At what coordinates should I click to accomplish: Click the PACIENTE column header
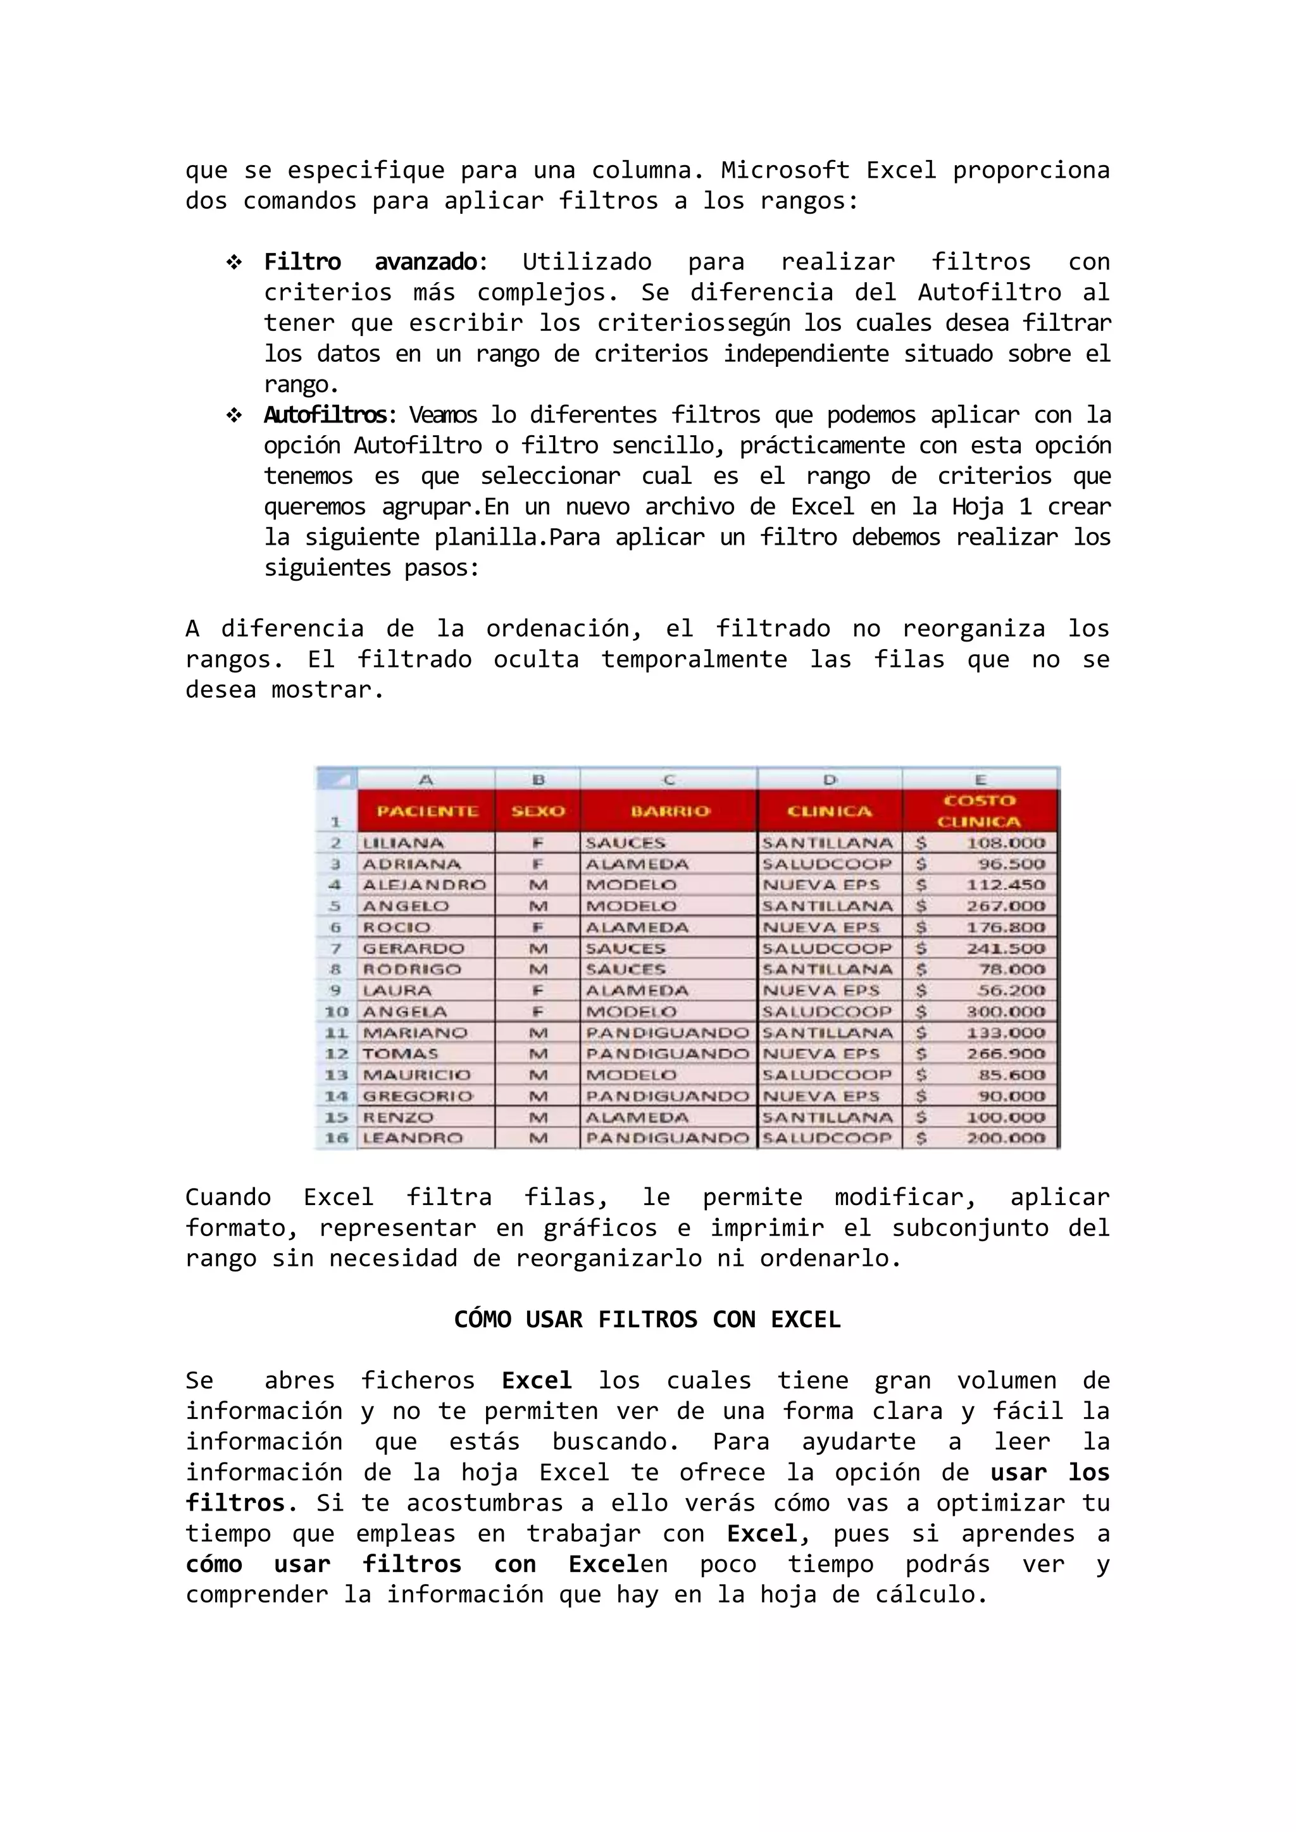(427, 811)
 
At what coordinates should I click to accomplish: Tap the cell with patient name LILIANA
(404, 843)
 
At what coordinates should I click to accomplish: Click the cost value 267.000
(1005, 906)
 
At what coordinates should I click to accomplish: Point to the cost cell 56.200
(1011, 990)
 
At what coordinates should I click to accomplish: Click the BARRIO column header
(670, 811)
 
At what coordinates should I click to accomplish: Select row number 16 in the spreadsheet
(337, 1138)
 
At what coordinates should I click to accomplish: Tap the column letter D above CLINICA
(830, 779)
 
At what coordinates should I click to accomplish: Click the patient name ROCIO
(397, 927)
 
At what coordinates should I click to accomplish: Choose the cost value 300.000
(1005, 1012)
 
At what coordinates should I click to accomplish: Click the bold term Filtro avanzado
(371, 262)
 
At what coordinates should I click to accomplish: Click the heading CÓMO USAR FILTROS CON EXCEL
(647, 1319)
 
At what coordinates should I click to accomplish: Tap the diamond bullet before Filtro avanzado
(234, 262)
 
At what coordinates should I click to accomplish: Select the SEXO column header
(538, 811)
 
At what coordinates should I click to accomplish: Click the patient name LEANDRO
(413, 1138)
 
